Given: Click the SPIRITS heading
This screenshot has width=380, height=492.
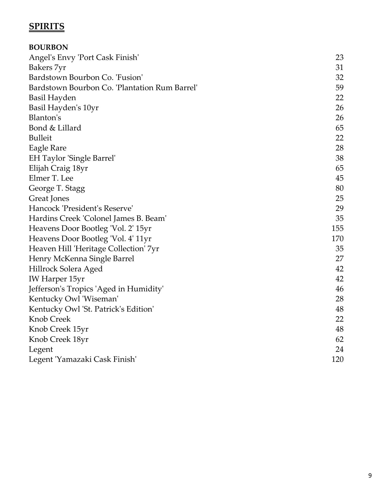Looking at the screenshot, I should point(46,26).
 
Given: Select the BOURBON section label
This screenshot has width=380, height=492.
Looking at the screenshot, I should point(48,47).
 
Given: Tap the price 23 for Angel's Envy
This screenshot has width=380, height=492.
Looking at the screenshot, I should point(339,57).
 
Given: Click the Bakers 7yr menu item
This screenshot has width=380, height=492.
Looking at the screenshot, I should point(47,67).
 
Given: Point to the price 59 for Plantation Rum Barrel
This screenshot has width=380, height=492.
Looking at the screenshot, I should point(339,88).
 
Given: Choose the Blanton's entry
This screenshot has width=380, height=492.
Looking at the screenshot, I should point(45,118).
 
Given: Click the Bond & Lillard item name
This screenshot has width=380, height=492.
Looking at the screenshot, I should point(55,128).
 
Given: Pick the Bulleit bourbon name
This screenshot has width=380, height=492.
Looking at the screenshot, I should point(40,138).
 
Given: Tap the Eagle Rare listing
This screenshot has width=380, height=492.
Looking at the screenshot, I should point(47,148).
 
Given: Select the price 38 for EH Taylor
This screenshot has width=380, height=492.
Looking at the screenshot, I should point(339,158).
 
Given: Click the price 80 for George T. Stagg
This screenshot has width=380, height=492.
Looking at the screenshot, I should point(339,188).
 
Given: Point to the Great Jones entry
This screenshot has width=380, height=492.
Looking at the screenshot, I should point(49,198).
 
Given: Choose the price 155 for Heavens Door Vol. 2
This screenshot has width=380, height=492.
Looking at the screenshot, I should point(337,228).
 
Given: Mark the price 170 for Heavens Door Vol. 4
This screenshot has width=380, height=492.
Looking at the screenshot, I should point(337,239).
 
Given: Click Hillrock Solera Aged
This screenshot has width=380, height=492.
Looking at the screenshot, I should point(66,269).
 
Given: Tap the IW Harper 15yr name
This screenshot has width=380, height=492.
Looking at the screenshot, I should point(57,279).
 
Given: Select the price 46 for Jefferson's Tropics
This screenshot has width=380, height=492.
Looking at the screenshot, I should point(339,289).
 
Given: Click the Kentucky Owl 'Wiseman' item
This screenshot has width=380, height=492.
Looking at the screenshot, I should point(73,299).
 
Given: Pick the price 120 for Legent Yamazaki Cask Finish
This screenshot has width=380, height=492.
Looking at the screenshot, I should point(337,359).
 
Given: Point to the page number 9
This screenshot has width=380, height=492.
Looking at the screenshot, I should point(370,476).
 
